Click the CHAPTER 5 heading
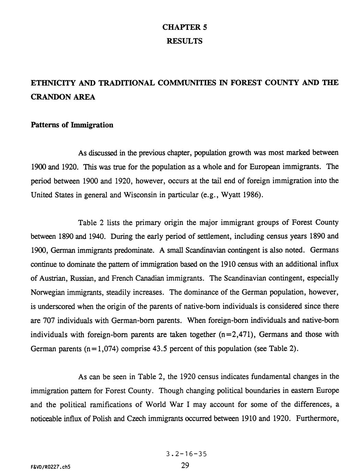(x=184, y=27)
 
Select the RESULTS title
(x=184, y=41)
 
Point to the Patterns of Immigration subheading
(x=72, y=125)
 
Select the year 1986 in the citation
(x=254, y=195)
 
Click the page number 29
(x=185, y=466)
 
